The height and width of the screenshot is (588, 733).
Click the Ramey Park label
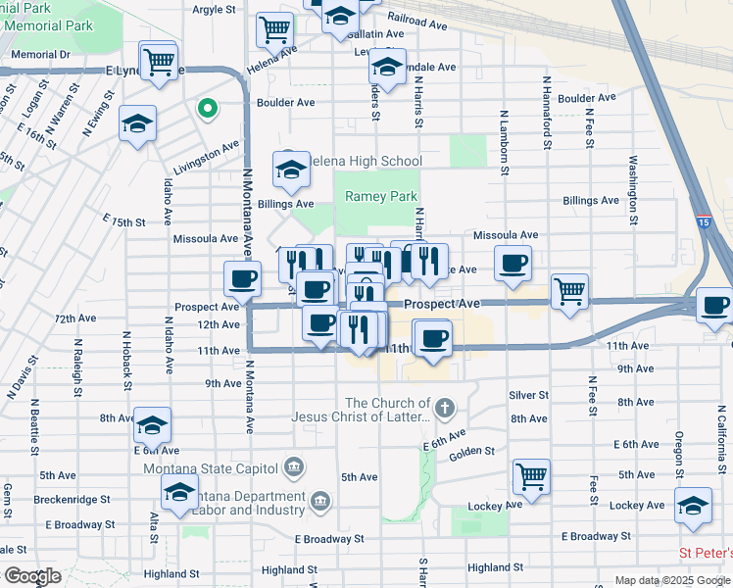point(381,196)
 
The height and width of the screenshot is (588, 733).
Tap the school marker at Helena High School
point(290,171)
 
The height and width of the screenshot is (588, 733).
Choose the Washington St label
point(634,189)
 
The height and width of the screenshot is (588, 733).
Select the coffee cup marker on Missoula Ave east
point(513,264)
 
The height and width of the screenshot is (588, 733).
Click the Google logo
point(31,576)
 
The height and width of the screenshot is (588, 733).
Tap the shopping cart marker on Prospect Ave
point(569,291)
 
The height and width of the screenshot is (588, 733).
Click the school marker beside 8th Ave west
point(152,425)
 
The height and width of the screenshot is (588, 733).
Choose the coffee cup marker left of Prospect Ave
point(243,279)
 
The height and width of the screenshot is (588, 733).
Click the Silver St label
point(528,395)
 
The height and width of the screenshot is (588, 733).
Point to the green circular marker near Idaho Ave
point(207,108)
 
